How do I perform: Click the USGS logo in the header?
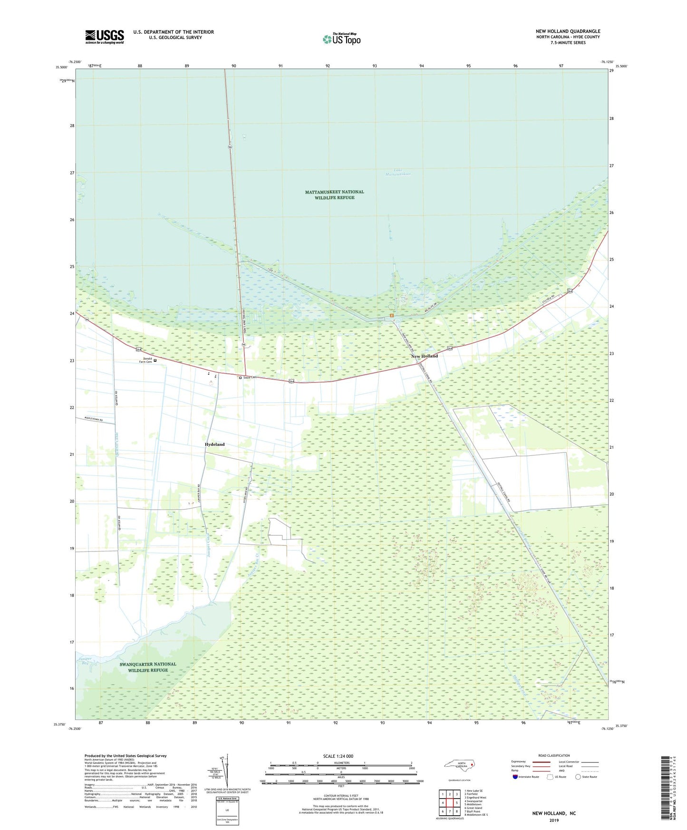click(x=105, y=37)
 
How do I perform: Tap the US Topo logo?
click(x=341, y=39)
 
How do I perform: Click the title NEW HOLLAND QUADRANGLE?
click(x=568, y=31)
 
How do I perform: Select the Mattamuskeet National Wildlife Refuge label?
click(x=334, y=194)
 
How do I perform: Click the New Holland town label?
click(x=424, y=356)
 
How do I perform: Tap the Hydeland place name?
click(x=214, y=444)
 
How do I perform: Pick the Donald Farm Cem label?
click(x=145, y=360)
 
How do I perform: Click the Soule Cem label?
click(x=249, y=377)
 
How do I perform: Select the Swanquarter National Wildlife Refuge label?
click(x=148, y=667)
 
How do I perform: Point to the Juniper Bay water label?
click(x=84, y=661)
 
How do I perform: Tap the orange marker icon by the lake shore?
click(x=391, y=315)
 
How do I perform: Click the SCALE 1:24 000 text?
click(x=338, y=756)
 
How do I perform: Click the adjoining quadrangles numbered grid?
click(x=449, y=802)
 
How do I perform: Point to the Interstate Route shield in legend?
click(x=515, y=777)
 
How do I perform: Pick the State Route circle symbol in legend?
click(x=578, y=777)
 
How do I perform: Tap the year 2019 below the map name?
click(x=554, y=820)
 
